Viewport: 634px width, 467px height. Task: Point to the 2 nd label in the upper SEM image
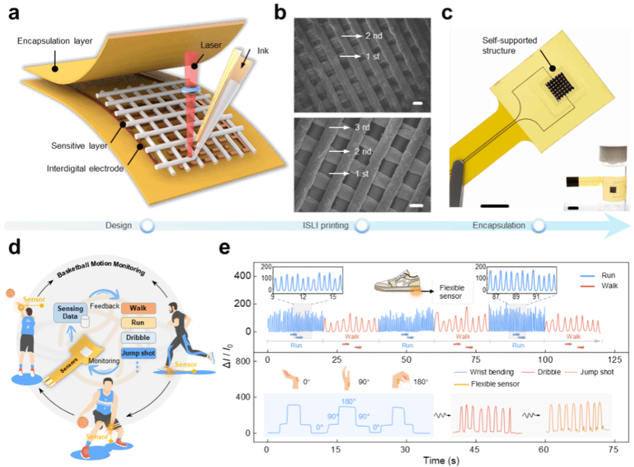(x=373, y=36)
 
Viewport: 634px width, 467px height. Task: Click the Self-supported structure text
(x=509, y=46)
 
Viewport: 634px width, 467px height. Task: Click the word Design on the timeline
(x=118, y=225)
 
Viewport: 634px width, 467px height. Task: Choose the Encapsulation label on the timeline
(x=499, y=225)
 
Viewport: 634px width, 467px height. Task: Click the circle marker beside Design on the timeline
(x=146, y=226)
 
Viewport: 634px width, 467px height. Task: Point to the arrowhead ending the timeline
(x=619, y=226)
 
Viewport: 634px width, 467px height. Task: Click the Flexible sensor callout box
(x=452, y=292)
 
